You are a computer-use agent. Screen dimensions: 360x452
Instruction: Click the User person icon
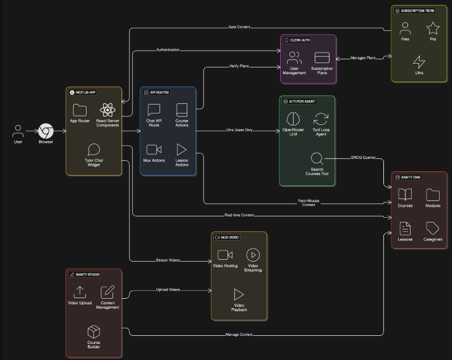(18, 131)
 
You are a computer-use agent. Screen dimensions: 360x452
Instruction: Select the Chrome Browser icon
(46, 131)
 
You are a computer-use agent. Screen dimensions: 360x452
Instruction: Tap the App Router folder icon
(80, 110)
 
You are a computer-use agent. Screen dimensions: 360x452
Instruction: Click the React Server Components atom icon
(108, 110)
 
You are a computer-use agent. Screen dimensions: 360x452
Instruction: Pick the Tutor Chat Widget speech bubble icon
(93, 149)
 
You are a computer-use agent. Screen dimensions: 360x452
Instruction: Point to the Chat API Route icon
(154, 110)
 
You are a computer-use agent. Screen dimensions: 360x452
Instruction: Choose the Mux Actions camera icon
(154, 149)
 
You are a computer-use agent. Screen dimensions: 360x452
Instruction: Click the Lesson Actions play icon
(182, 149)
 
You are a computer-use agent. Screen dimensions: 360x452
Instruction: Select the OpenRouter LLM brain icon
(294, 119)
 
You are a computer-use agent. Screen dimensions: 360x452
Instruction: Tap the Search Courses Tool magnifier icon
(317, 158)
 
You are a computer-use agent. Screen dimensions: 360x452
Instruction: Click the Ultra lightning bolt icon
(419, 62)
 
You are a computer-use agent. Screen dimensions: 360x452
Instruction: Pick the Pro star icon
(433, 28)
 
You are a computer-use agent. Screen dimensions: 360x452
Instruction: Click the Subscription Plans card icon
(322, 58)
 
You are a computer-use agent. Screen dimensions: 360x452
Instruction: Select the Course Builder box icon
(93, 332)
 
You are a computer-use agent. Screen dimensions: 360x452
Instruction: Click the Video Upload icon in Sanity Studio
(80, 292)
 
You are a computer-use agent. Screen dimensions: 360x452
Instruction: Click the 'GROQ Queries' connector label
(364, 158)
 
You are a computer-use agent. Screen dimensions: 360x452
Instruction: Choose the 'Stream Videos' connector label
(168, 260)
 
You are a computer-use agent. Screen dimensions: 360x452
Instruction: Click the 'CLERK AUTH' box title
(299, 40)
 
